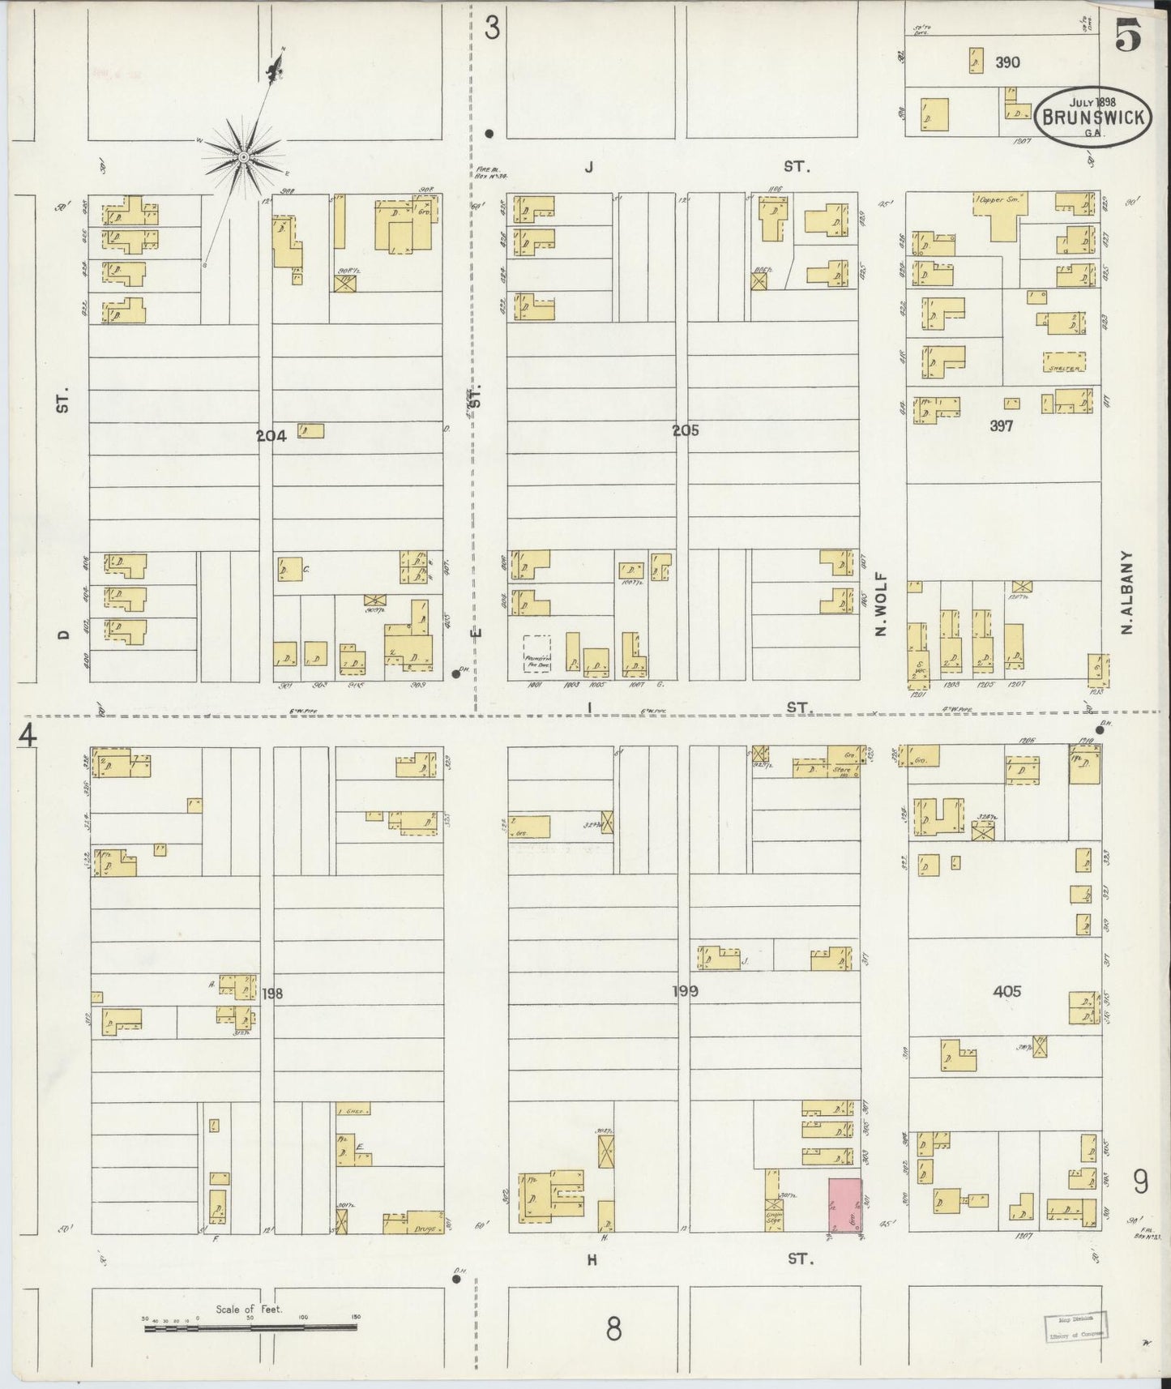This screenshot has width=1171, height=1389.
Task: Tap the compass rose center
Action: [x=242, y=154]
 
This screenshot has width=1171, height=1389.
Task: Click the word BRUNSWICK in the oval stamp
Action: [x=1092, y=117]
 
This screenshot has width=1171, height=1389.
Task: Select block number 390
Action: [x=1008, y=62]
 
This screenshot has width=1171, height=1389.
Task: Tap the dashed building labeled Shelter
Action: [x=1064, y=361]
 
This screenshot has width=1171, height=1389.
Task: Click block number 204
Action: [x=271, y=436]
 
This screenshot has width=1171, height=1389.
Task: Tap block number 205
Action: [x=685, y=431]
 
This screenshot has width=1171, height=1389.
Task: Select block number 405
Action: [x=1006, y=991]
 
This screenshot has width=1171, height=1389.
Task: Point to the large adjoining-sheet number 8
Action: [x=614, y=1328]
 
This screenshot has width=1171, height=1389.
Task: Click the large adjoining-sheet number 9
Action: [x=1139, y=1184]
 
